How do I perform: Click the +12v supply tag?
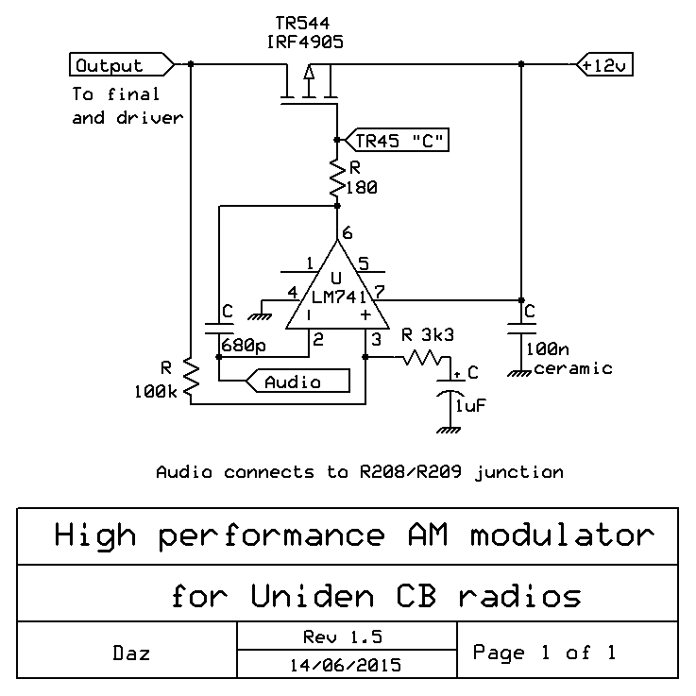pyautogui.click(x=604, y=65)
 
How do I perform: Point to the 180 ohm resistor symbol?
pyautogui.click(x=338, y=178)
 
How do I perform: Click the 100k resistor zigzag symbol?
pyautogui.click(x=192, y=378)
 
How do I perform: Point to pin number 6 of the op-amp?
pyautogui.click(x=348, y=232)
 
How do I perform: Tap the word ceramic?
pyautogui.click(x=573, y=367)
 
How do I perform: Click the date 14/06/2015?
pyautogui.click(x=344, y=664)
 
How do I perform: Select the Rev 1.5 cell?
pyautogui.click(x=344, y=637)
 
